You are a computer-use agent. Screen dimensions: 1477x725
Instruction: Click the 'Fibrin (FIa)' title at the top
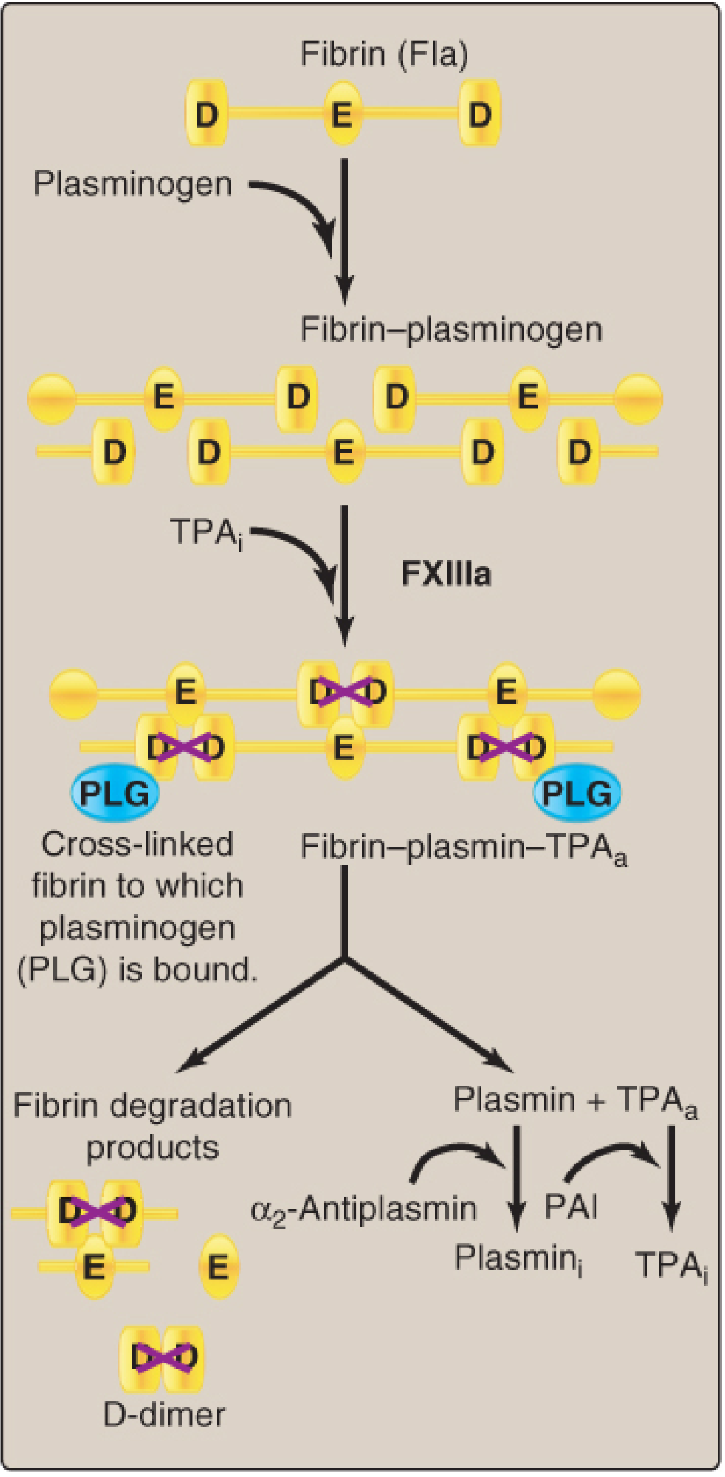pos(384,55)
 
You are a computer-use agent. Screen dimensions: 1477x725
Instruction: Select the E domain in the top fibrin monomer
pos(342,114)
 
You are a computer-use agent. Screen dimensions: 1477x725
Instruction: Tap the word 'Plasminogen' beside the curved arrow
pos(133,184)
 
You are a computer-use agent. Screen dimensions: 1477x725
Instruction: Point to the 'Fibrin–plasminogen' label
pos(451,330)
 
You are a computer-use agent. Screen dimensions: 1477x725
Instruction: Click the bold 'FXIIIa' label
pos(446,574)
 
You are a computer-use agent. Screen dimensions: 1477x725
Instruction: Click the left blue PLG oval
pos(115,794)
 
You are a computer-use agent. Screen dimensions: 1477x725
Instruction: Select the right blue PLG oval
pos(576,794)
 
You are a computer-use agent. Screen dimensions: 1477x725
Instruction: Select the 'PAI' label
pos(571,1206)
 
